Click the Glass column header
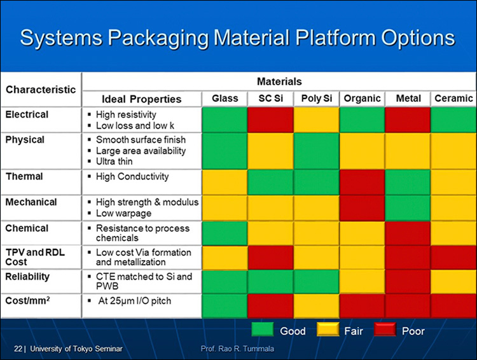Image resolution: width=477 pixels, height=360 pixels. (x=225, y=99)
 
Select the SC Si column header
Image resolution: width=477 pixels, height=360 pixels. (x=271, y=99)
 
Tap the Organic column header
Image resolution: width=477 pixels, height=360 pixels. (x=362, y=99)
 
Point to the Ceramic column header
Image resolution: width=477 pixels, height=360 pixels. (x=453, y=99)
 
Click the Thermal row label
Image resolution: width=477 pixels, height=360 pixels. (x=24, y=176)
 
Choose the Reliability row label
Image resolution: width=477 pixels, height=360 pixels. (x=27, y=277)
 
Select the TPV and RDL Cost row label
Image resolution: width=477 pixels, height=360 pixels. (x=35, y=257)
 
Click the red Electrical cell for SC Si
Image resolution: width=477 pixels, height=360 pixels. (x=270, y=120)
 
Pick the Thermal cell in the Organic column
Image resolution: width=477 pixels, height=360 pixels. (x=362, y=183)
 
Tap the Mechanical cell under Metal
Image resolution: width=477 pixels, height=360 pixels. (x=408, y=208)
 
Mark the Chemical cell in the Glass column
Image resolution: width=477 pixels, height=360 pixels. (x=225, y=233)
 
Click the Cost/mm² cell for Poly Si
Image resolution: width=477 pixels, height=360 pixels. (x=316, y=306)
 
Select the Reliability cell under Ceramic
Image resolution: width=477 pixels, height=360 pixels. (x=453, y=282)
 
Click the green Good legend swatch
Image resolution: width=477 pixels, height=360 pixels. (x=263, y=329)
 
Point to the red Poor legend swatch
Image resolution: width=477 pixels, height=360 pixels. (x=385, y=329)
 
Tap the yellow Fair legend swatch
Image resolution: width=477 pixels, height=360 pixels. (x=328, y=329)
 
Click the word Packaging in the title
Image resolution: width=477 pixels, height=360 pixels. (x=158, y=38)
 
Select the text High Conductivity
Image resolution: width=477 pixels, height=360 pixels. (x=132, y=176)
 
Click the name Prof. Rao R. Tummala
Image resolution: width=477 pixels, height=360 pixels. (x=237, y=349)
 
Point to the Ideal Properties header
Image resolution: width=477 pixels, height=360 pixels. (x=141, y=99)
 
